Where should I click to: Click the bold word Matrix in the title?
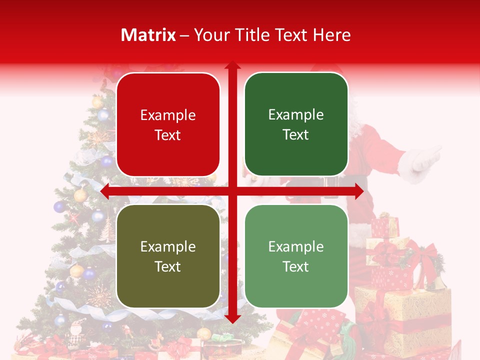pyautogui.click(x=148, y=35)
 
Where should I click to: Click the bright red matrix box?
pyautogui.click(x=168, y=125)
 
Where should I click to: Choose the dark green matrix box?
pyautogui.click(x=296, y=124)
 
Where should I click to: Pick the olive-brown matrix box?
pyautogui.click(x=168, y=256)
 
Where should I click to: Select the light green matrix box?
pyautogui.click(x=296, y=256)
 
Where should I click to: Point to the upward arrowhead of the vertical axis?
pyautogui.click(x=232, y=65)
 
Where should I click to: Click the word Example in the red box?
pyautogui.click(x=168, y=115)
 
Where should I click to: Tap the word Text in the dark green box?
pyautogui.click(x=296, y=134)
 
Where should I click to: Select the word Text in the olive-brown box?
pyautogui.click(x=168, y=266)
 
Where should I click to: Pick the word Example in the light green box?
pyautogui.click(x=296, y=246)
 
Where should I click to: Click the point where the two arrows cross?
pyautogui.click(x=232, y=191)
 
